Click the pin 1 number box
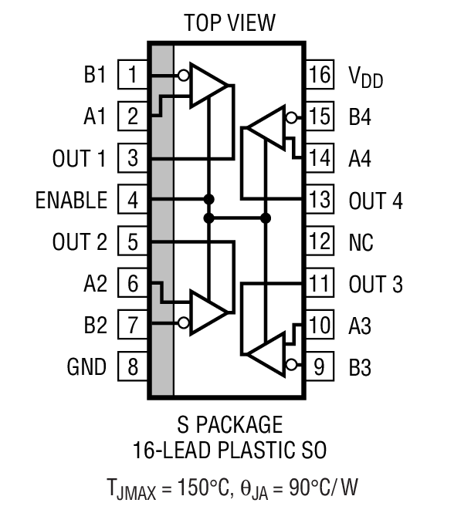134,76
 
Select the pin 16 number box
319,76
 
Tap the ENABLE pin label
71,201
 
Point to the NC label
361,243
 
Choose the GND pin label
86,367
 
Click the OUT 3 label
375,285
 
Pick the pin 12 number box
319,242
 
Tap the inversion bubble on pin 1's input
183,76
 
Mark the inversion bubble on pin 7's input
183,324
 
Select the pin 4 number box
134,201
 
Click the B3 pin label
361,367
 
